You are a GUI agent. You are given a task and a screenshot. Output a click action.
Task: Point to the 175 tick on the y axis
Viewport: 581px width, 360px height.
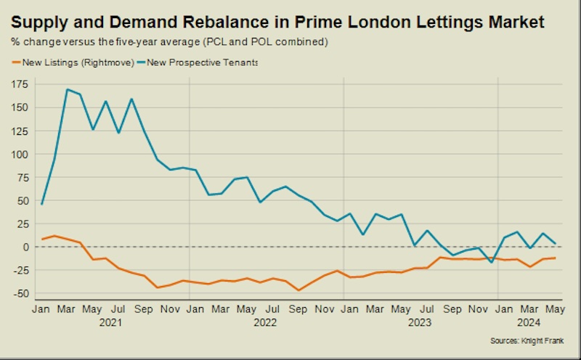tap(20, 84)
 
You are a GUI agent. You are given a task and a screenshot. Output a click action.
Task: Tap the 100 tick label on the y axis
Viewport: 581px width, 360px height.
tap(20, 154)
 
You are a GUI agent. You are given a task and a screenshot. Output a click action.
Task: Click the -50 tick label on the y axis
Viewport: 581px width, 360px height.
tap(20, 293)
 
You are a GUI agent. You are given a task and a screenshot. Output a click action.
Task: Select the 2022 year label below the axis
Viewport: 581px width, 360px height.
tap(266, 322)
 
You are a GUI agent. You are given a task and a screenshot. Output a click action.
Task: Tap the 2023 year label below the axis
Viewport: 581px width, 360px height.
tap(419, 322)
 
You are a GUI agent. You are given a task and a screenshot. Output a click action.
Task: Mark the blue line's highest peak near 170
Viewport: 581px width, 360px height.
tap(67, 89)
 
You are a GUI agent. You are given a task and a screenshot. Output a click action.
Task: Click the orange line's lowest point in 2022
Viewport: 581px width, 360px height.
tap(298, 290)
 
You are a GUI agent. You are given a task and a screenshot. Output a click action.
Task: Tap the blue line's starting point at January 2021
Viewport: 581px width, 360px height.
tap(42, 204)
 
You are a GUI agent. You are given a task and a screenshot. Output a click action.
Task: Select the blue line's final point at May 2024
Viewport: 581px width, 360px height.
tap(556, 243)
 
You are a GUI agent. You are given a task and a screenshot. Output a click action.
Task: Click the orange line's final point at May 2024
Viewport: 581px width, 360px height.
tap(556, 258)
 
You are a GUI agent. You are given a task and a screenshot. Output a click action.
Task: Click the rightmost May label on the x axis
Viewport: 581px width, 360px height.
tap(555, 308)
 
